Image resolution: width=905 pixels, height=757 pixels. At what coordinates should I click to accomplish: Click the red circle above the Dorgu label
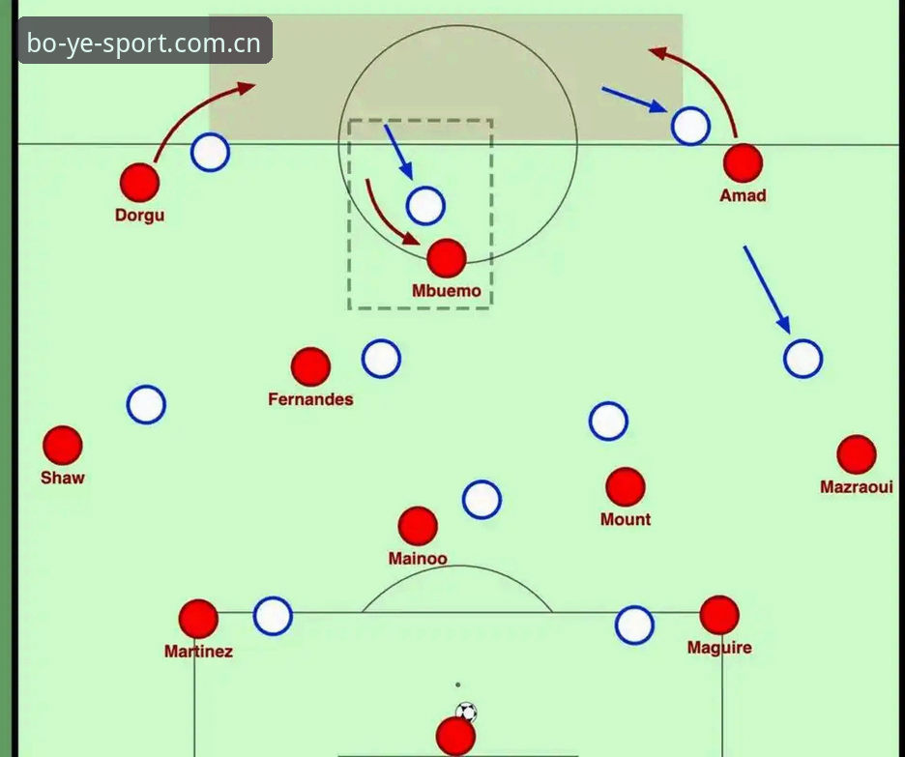[x=139, y=183]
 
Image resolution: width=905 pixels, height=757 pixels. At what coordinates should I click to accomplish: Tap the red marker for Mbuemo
[x=447, y=258]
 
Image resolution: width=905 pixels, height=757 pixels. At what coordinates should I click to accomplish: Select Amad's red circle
[x=743, y=163]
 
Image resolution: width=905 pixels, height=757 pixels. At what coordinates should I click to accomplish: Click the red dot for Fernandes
[x=310, y=367]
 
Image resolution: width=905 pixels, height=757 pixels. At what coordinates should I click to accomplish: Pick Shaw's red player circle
[x=62, y=446]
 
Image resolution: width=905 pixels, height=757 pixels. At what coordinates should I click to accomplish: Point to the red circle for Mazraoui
[x=857, y=454]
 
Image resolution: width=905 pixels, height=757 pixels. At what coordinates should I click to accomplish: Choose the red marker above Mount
[x=626, y=487]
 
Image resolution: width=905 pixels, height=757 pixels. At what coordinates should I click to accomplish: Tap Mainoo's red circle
[x=418, y=526]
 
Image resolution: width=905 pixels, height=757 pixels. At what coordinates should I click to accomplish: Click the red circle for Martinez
[x=198, y=619]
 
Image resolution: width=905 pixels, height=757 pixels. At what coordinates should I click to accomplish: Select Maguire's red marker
[x=719, y=615]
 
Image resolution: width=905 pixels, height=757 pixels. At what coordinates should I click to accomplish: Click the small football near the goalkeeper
[x=466, y=712]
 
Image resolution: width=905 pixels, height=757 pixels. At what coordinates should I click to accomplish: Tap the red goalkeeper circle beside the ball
[x=456, y=737]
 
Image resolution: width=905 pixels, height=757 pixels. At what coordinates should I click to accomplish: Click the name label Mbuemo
[x=446, y=291]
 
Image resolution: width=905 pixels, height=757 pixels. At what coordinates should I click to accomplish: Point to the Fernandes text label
[x=310, y=399]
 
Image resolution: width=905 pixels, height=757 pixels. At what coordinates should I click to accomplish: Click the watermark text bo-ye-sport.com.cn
[x=144, y=44]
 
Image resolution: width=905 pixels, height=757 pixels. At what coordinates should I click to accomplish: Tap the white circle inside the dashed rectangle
[x=425, y=206]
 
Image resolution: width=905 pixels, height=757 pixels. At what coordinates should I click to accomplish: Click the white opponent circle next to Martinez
[x=273, y=616]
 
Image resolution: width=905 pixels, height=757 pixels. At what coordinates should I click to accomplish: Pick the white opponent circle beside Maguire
[x=634, y=625]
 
